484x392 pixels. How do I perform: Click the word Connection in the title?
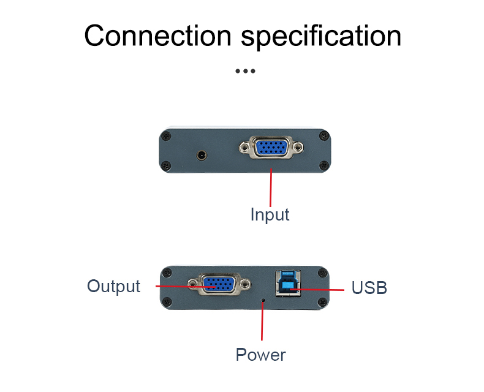pos(159,36)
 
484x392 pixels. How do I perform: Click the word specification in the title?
pos(321,36)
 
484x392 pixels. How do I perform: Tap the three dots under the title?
pos(245,71)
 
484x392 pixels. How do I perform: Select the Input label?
pos(270,215)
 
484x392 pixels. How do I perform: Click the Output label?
pos(113,286)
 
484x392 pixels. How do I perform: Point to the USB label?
pos(369,288)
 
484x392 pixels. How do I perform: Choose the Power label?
pos(260,355)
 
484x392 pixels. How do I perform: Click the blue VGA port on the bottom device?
pos(219,284)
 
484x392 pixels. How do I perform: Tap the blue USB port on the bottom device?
pos(287,282)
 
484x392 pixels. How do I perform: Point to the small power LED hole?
pos(264,301)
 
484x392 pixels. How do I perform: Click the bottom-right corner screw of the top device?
pos(323,164)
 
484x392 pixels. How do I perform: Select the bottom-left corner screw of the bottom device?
pos(166,301)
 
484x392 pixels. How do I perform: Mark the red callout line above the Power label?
pos(263,322)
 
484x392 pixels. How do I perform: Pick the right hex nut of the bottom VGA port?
pos(246,284)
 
